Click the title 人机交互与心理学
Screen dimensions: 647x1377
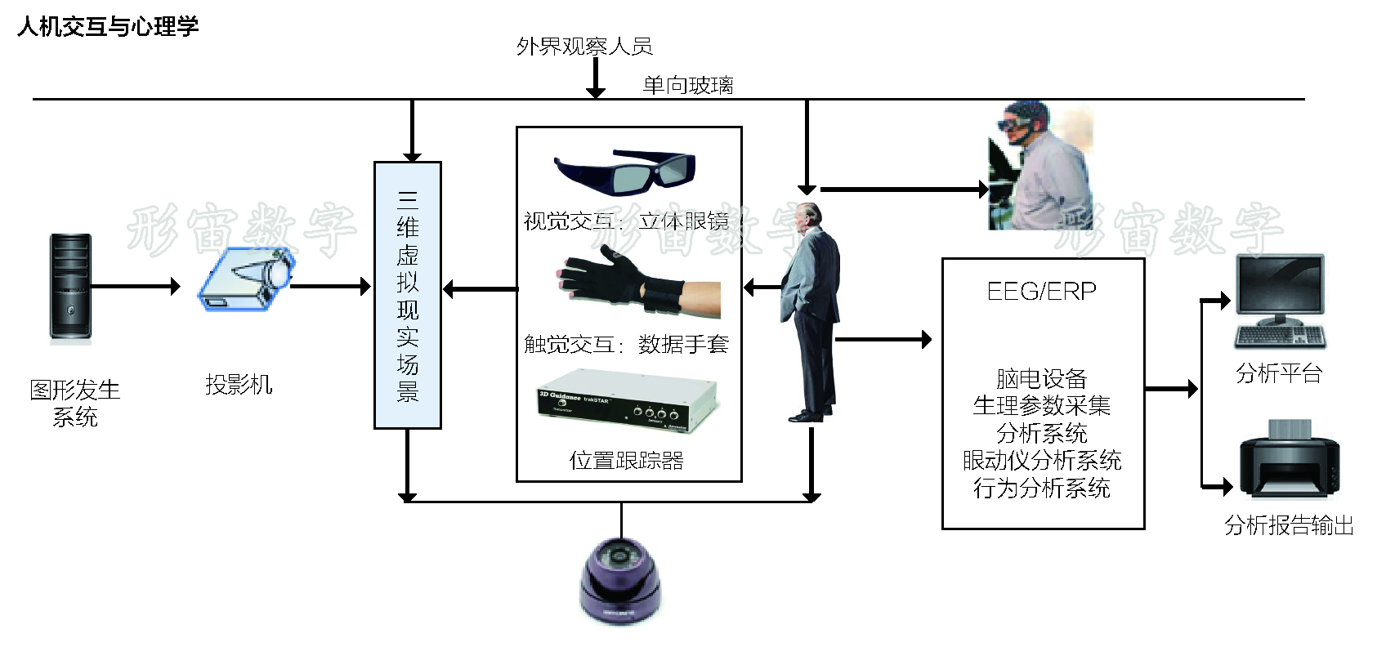click(108, 27)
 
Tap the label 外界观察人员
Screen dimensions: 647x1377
click(584, 47)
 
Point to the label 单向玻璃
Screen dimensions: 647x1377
click(688, 85)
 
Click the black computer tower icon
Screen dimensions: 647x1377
click(70, 288)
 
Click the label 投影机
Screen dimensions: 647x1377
click(239, 384)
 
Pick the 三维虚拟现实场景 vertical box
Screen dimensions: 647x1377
click(408, 295)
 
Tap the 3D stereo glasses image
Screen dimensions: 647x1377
click(624, 171)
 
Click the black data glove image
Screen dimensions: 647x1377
click(637, 285)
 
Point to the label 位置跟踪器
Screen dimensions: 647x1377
click(627, 461)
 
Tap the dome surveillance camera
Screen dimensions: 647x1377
click(621, 580)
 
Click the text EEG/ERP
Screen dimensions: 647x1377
click(1042, 291)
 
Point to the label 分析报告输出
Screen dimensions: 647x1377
click(1289, 525)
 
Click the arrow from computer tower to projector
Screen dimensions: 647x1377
click(135, 286)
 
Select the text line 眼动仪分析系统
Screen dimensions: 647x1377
click(1042, 461)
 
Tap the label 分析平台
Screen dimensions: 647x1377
click(1279, 373)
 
